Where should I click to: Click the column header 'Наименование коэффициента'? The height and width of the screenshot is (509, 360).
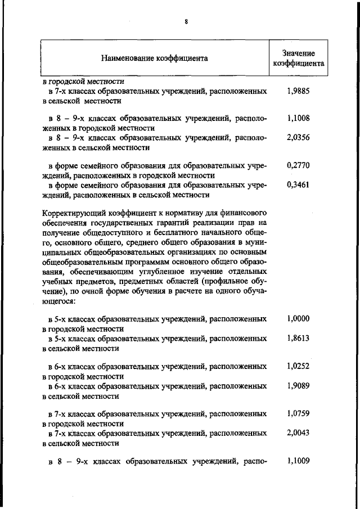pyautogui.click(x=155, y=58)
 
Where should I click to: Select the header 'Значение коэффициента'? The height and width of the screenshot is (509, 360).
pyautogui.click(x=298, y=58)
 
